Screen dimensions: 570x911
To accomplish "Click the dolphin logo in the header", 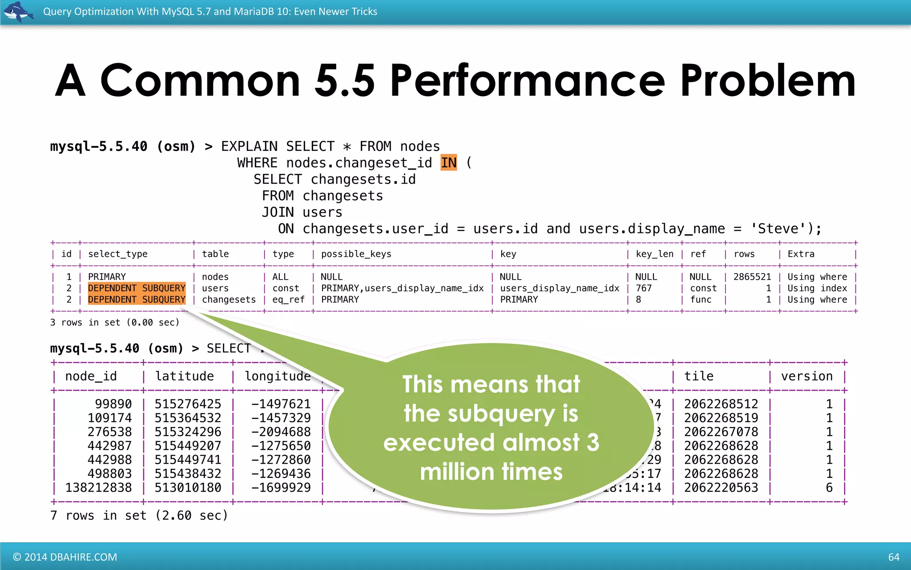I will [x=18, y=12].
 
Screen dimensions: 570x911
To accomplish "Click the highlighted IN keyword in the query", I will [x=448, y=163].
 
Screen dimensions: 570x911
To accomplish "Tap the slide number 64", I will [x=894, y=557].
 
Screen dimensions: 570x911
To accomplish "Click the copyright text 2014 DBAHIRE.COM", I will [x=65, y=557].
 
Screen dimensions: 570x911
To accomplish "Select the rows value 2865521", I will [x=752, y=277].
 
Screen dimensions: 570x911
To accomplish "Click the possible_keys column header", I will [x=356, y=254].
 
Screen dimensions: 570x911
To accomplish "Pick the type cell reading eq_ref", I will [x=288, y=300].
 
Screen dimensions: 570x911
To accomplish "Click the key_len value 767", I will [x=643, y=289].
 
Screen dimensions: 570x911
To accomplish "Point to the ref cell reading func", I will [x=701, y=300].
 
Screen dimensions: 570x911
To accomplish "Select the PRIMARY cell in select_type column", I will [x=107, y=277].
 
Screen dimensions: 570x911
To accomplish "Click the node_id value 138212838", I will [x=98, y=488].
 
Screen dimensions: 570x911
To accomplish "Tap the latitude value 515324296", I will [x=188, y=432].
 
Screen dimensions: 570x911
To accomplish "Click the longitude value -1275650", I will [x=281, y=446].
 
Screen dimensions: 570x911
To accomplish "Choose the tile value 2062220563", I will [x=721, y=488].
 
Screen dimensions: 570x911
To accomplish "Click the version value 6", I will [x=829, y=488].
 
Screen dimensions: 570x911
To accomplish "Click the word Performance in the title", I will [x=527, y=81].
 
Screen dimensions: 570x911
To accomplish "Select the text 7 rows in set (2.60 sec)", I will [x=139, y=516].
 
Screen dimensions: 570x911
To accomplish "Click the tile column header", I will [x=698, y=376].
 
